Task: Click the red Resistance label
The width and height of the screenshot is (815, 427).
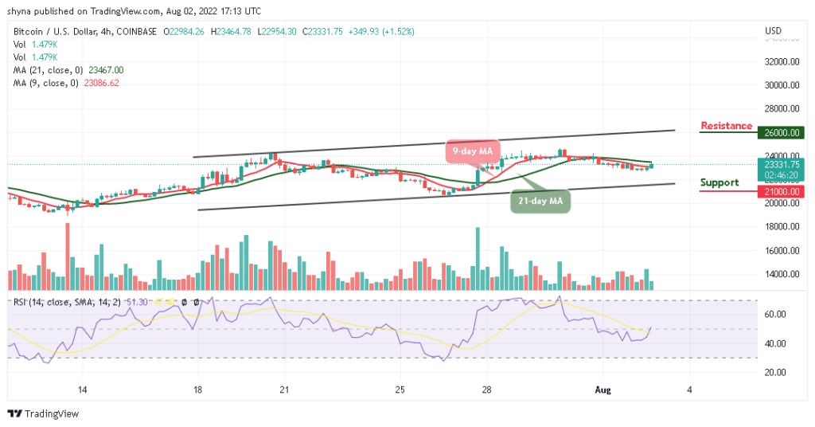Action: pos(726,126)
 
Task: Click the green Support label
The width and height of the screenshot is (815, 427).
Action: pos(719,182)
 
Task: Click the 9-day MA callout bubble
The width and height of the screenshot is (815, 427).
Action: pos(472,151)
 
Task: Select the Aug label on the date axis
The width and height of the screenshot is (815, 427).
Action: pos(602,389)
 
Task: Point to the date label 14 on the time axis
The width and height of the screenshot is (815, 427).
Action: pos(82,389)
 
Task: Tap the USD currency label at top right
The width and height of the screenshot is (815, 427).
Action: pos(773,31)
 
